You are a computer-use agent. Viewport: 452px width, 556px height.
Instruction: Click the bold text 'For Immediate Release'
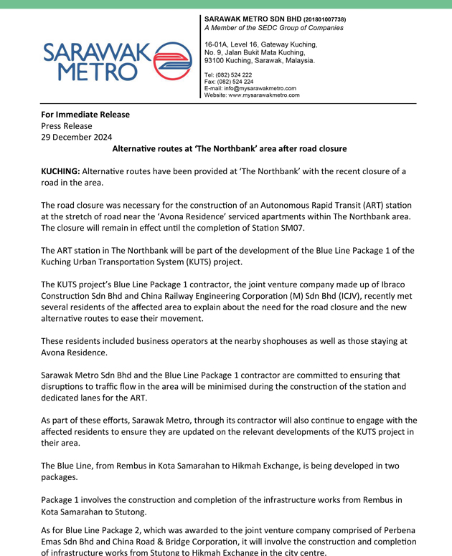tap(85, 114)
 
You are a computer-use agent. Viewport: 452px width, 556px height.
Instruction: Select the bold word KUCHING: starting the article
tap(60, 171)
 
